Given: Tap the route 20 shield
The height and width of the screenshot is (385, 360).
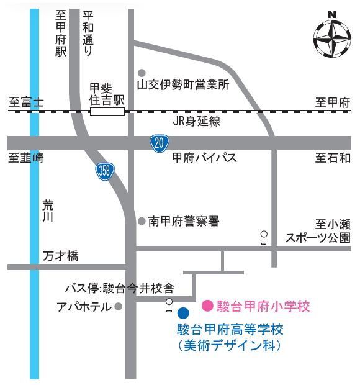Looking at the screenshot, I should [x=160, y=143].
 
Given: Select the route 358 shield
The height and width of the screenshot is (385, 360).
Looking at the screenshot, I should [x=105, y=171].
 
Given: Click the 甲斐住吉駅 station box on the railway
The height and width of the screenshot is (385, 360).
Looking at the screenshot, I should [x=107, y=111].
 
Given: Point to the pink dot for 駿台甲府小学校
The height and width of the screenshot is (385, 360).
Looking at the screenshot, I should [x=207, y=306].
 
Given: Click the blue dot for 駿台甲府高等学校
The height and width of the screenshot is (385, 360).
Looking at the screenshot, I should [x=182, y=314].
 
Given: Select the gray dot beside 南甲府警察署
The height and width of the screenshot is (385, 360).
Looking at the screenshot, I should [x=142, y=220].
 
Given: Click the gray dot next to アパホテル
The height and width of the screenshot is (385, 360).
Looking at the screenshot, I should [x=119, y=306].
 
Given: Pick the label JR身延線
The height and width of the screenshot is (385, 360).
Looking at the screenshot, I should [x=197, y=122].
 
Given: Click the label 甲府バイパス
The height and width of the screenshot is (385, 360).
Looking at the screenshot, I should [x=204, y=158].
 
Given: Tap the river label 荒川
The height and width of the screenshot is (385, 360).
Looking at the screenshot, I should [x=48, y=211].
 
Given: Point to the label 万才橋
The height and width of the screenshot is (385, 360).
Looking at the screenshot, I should [x=61, y=256].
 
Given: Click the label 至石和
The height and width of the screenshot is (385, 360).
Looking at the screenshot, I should [x=333, y=158].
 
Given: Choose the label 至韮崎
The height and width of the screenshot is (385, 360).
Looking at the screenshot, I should [x=26, y=158].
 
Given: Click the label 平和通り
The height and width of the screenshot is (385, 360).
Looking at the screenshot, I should [x=88, y=34].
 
